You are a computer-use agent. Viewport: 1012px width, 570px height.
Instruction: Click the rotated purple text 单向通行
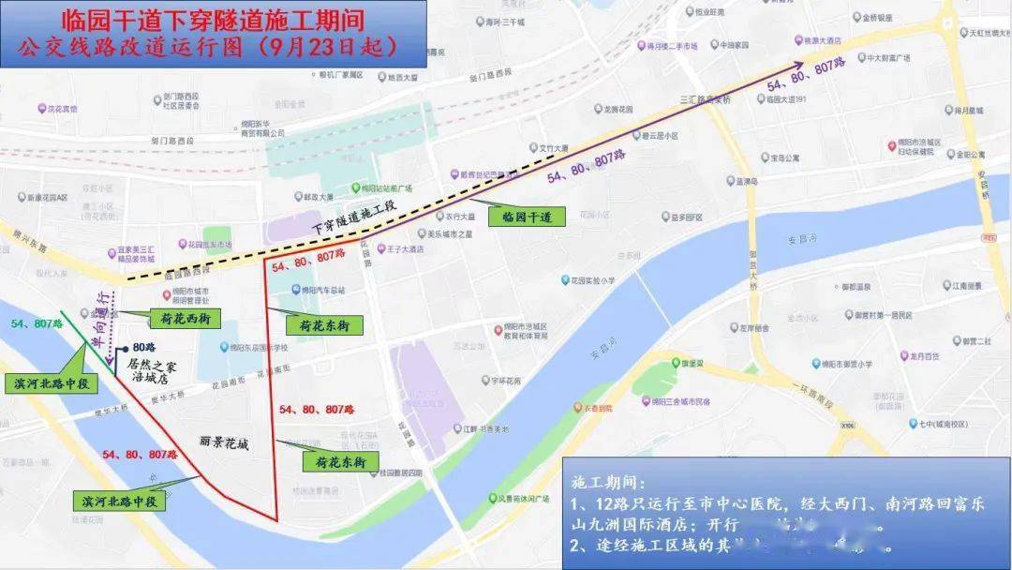click(x=97, y=320)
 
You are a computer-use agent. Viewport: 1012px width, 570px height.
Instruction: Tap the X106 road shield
click(x=849, y=425)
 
